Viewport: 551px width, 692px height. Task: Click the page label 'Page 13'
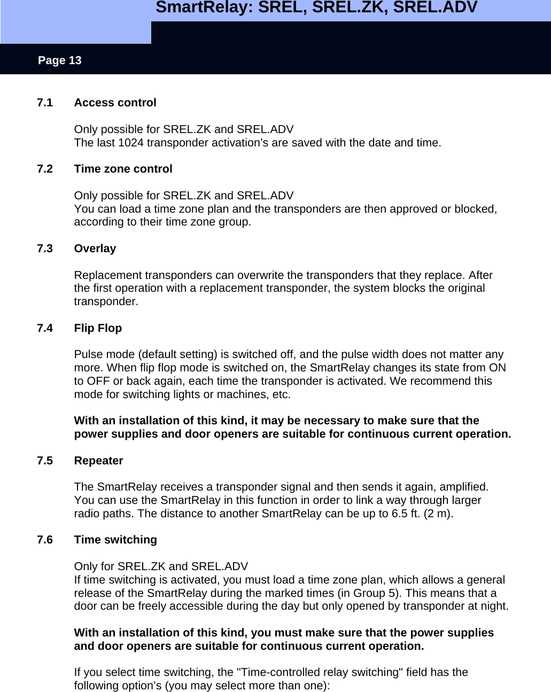click(59, 60)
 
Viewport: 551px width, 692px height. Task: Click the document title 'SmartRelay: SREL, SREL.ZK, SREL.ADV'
click(316, 8)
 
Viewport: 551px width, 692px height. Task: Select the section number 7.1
click(45, 103)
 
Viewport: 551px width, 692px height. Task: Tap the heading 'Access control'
click(115, 103)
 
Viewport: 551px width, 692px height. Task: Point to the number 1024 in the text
click(131, 143)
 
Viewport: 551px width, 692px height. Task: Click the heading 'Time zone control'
click(123, 169)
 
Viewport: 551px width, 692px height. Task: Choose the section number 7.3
click(45, 248)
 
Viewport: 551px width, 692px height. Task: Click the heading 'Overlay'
click(95, 248)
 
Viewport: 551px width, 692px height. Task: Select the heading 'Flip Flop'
click(98, 328)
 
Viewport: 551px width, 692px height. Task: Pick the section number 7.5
click(45, 461)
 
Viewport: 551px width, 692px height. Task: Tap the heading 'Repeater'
click(99, 461)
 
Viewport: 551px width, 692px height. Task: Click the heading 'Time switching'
click(116, 540)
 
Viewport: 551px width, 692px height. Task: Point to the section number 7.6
click(45, 540)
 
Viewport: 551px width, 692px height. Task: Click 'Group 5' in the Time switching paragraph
click(378, 593)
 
